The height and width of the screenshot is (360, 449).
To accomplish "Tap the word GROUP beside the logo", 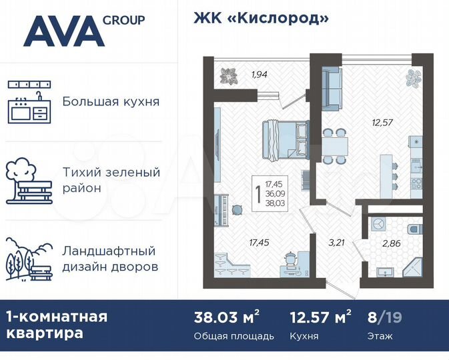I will pyautogui.click(x=124, y=19).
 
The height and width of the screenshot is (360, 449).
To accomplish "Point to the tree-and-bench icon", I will pyautogui.click(x=29, y=180).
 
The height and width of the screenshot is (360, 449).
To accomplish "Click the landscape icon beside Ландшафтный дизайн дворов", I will pyautogui.click(x=29, y=259).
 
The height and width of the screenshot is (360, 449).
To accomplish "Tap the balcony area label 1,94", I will pyautogui.click(x=259, y=74).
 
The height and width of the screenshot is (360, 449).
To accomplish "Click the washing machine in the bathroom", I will pyautogui.click(x=378, y=225).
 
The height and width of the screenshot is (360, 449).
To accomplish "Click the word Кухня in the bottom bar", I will pyautogui.click(x=304, y=336).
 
